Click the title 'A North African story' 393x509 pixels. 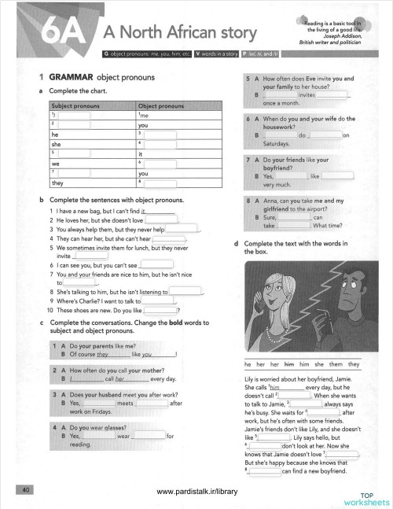coord(179,32)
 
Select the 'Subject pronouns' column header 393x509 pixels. coord(76,105)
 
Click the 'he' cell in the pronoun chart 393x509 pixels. coord(55,135)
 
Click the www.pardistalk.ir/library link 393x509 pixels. coord(196,492)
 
